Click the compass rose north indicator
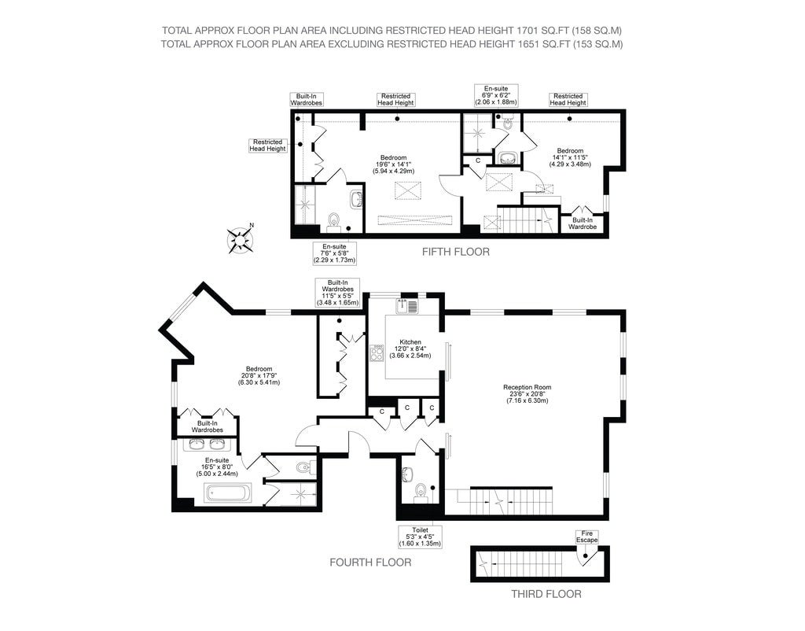(x=241, y=239)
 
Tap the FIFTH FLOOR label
(x=455, y=252)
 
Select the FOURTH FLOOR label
(x=370, y=562)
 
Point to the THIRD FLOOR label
(x=546, y=594)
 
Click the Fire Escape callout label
(x=586, y=537)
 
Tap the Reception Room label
(x=527, y=393)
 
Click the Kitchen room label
(x=410, y=349)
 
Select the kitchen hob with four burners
(x=377, y=353)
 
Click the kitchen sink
(x=407, y=306)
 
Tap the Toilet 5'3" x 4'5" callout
(x=420, y=537)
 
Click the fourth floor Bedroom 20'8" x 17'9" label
(x=259, y=375)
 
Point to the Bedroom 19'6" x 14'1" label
(x=394, y=164)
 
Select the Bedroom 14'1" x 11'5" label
(x=570, y=157)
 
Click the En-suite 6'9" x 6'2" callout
(x=496, y=95)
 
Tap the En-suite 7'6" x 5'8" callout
(x=334, y=253)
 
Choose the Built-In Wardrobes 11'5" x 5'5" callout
(x=337, y=293)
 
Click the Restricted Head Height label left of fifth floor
(x=267, y=146)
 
